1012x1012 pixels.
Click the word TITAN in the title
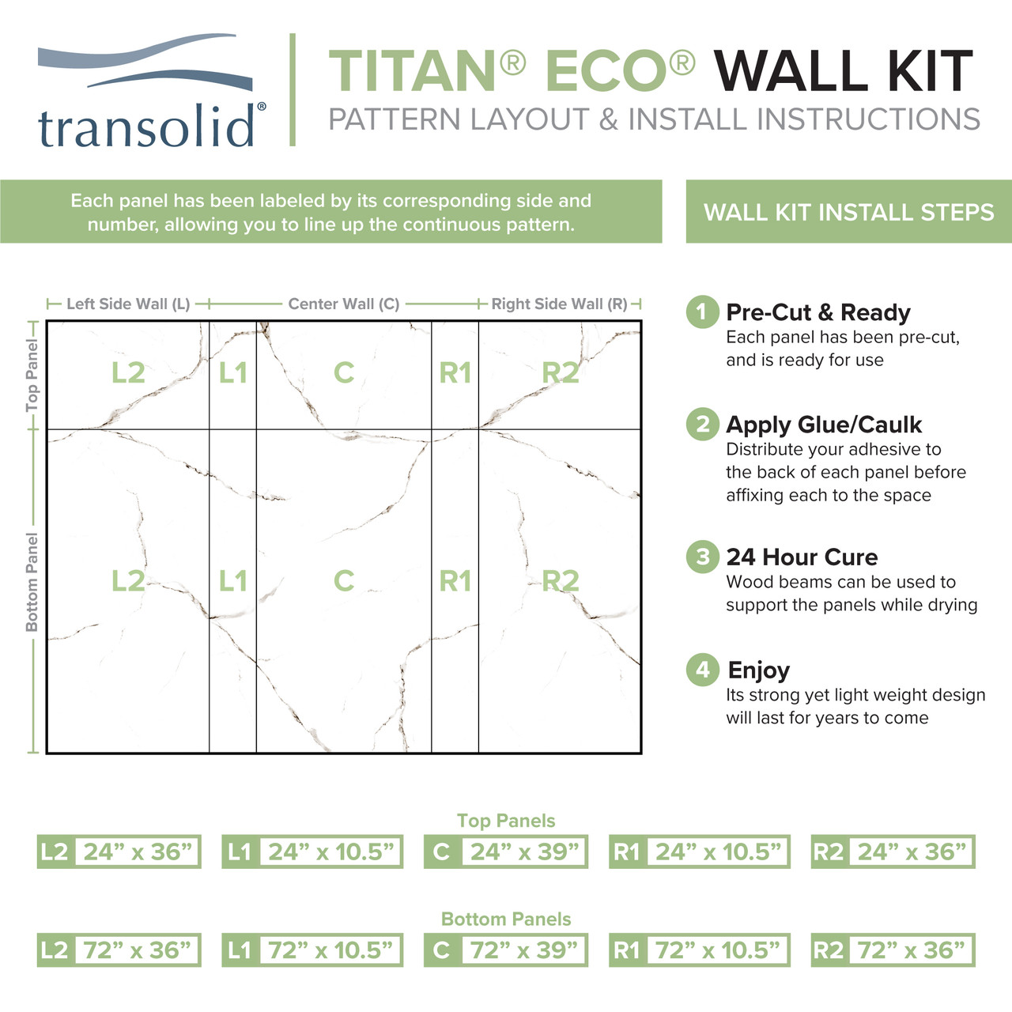tap(412, 72)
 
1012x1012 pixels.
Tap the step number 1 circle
tap(702, 312)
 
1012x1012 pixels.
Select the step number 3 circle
tap(702, 557)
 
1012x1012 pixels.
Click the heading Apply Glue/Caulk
tap(824, 425)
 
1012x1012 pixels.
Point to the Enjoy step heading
tap(758, 670)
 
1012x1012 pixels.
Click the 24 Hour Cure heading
tap(802, 557)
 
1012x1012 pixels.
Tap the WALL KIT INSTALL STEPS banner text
tap(848, 212)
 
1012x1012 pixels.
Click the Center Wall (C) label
tap(343, 304)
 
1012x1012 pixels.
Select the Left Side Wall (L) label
tap(128, 304)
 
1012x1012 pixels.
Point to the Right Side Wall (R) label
tap(559, 304)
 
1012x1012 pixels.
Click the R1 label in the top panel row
tap(455, 372)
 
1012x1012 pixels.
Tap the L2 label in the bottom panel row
tap(128, 581)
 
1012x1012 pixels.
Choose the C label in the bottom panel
tap(343, 581)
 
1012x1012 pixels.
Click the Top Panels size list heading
tap(506, 821)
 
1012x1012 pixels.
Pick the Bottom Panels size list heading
tap(506, 919)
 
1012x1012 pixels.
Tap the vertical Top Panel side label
tap(32, 375)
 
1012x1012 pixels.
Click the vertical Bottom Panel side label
tap(32, 581)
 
